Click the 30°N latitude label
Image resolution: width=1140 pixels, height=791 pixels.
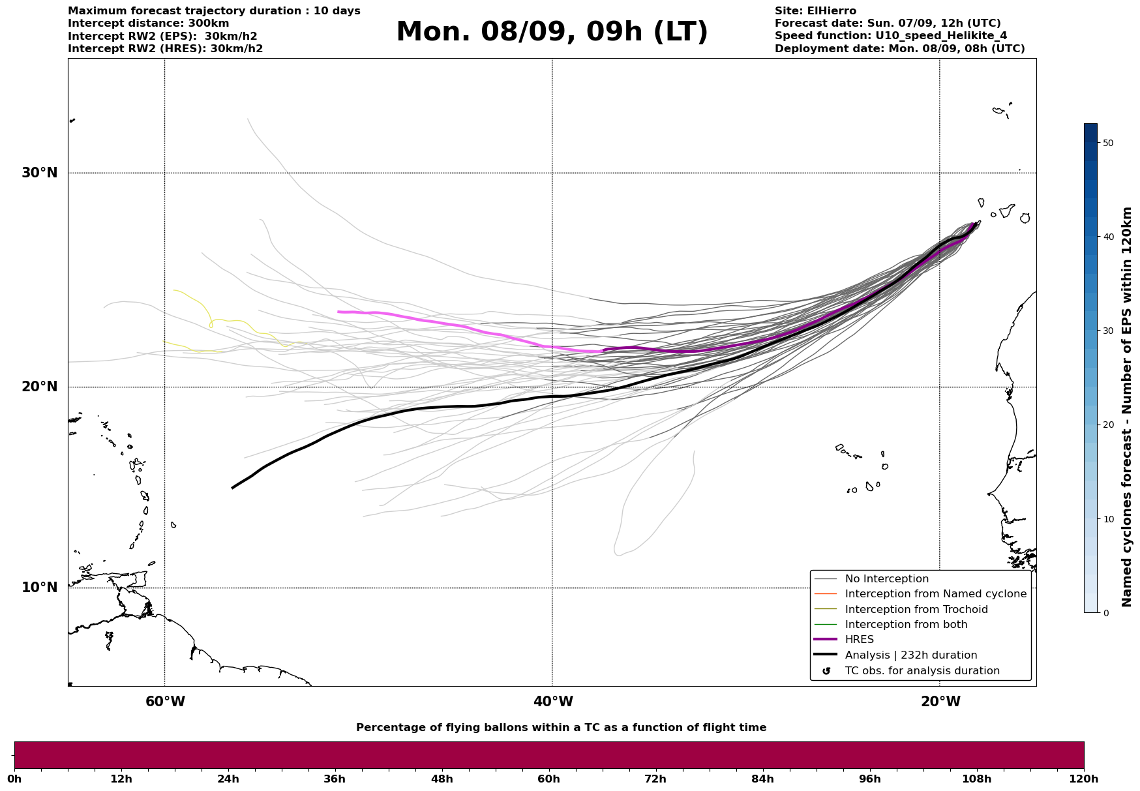tap(39, 173)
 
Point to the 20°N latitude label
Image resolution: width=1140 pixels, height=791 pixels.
tap(39, 387)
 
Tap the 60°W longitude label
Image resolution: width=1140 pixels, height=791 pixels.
tap(165, 702)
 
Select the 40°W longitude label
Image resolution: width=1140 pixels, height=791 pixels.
tap(553, 702)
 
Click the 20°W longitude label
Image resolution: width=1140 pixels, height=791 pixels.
tap(940, 702)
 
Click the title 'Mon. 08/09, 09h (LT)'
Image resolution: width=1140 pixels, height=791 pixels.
tap(552, 32)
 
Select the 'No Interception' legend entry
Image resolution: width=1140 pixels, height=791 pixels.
tap(886, 579)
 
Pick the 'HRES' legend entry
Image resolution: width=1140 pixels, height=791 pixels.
tap(859, 640)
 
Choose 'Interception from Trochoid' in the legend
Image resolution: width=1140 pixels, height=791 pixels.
tap(916, 610)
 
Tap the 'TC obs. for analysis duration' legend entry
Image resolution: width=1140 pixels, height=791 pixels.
tap(922, 671)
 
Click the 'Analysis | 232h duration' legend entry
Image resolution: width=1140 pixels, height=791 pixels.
tap(910, 655)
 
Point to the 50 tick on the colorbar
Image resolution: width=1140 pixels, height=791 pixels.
tap(1108, 143)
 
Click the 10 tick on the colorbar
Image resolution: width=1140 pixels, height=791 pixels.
tap(1108, 519)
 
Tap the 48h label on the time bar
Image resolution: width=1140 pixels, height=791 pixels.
tap(442, 779)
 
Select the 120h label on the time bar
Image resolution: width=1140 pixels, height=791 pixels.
tap(1084, 779)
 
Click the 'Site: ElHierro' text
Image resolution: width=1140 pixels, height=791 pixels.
tap(815, 11)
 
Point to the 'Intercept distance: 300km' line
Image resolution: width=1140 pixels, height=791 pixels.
tap(149, 23)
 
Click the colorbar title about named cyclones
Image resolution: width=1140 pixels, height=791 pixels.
tap(1127, 407)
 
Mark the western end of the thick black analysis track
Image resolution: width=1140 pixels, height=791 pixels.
tap(233, 487)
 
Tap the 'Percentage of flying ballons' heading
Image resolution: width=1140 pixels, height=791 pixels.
tap(561, 728)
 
